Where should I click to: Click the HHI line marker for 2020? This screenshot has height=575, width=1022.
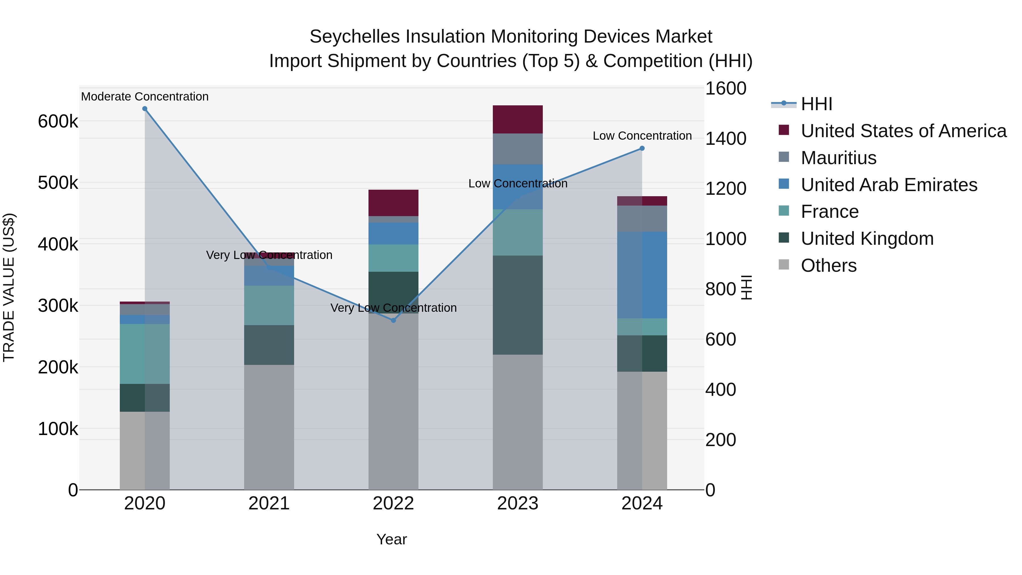pos(145,109)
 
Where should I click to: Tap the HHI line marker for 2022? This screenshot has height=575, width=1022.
pos(393,320)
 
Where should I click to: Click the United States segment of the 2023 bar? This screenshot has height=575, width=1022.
pos(518,120)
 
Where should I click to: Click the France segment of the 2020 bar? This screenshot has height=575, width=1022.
pos(145,354)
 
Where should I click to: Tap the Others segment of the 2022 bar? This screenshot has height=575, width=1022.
pos(393,401)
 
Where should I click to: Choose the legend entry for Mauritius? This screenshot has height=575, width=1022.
pos(838,158)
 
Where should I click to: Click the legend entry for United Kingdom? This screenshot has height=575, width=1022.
pos(867,239)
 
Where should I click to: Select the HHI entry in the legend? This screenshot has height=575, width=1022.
pos(816,104)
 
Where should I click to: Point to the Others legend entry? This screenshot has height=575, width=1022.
pos(828,265)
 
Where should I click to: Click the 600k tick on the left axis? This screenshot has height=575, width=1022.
pos(58,122)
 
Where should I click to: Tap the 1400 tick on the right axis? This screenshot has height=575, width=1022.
pos(726,139)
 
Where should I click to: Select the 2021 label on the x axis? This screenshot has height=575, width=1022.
pos(269,503)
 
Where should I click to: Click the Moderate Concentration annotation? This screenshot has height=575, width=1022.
pos(145,97)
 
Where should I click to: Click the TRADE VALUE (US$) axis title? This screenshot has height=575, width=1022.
pos(9,287)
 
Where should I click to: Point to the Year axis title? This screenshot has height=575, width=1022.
pos(391,539)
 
